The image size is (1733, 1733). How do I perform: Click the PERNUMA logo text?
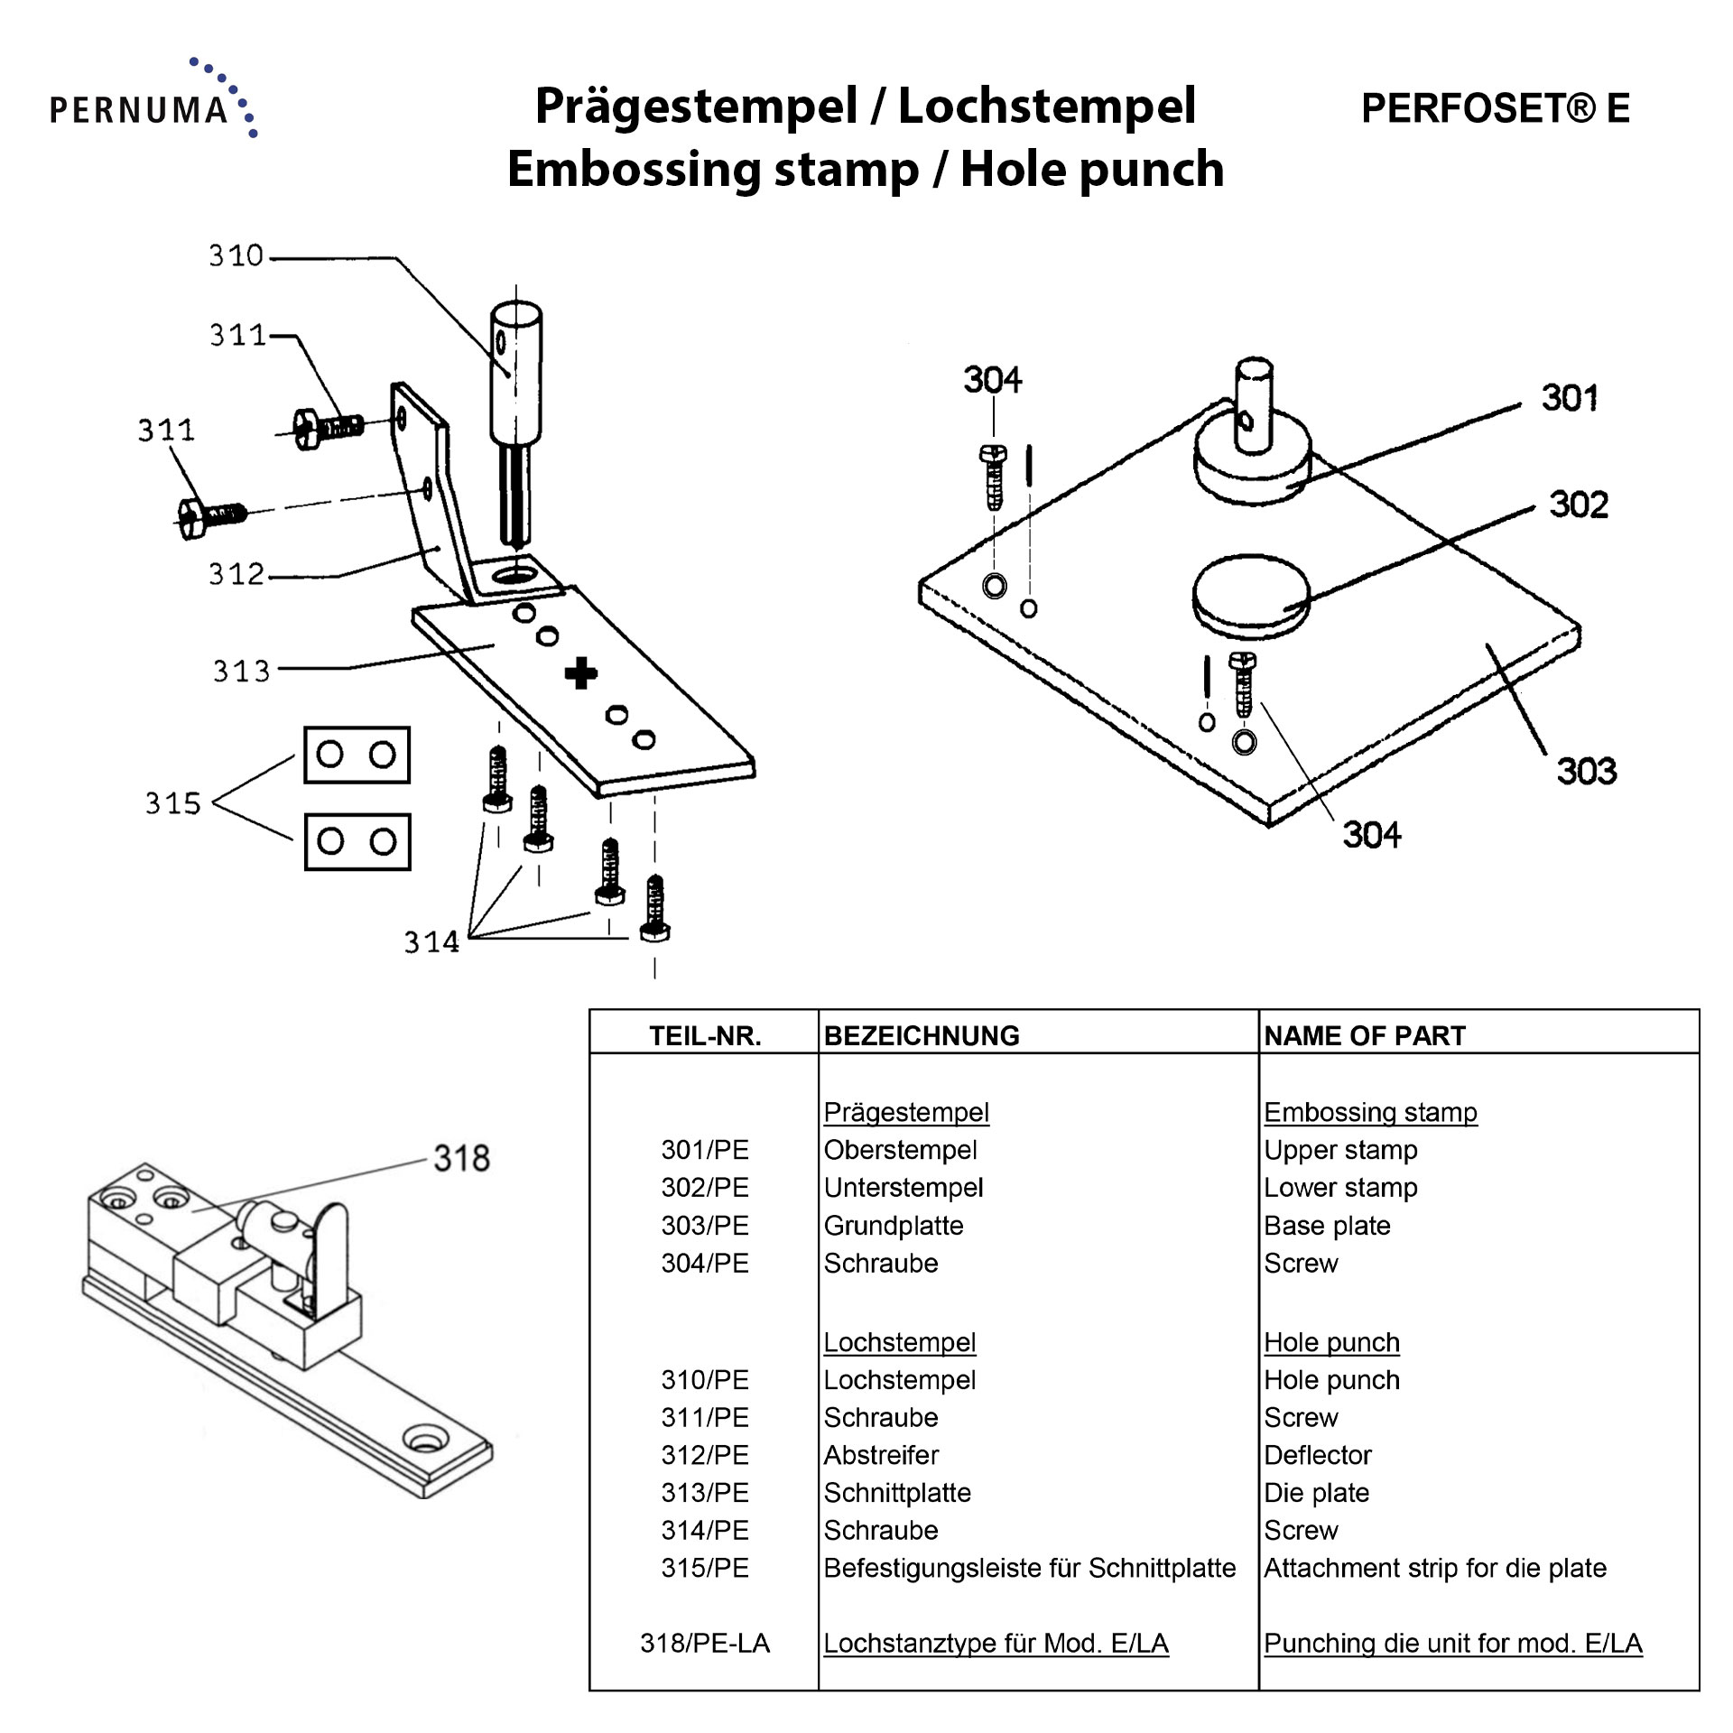(138, 110)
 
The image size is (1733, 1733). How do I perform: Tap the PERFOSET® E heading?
(1495, 108)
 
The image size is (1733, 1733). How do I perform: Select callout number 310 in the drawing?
(236, 256)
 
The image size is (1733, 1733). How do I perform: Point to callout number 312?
(236, 574)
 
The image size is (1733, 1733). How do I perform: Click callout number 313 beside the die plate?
(241, 671)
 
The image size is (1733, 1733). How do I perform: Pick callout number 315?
(172, 802)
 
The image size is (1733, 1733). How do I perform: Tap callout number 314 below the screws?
(431, 942)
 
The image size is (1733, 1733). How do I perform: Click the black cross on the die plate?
(580, 673)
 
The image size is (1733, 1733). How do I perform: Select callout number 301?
(1569, 398)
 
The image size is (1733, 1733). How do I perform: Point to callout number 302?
(1579, 505)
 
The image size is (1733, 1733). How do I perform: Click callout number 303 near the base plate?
(1586, 772)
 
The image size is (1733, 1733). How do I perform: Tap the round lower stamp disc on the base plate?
(1250, 591)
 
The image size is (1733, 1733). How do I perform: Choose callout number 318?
(461, 1158)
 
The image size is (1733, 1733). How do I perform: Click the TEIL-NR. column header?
(705, 1035)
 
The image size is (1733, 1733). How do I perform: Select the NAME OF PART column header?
(1364, 1035)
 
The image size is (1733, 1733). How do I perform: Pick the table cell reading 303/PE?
(705, 1226)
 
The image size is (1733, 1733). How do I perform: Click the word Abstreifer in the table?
(881, 1455)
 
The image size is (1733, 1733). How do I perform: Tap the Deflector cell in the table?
(1317, 1455)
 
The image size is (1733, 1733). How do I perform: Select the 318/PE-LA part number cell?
(705, 1644)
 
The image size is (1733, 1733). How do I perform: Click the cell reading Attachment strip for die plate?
(1434, 1568)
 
